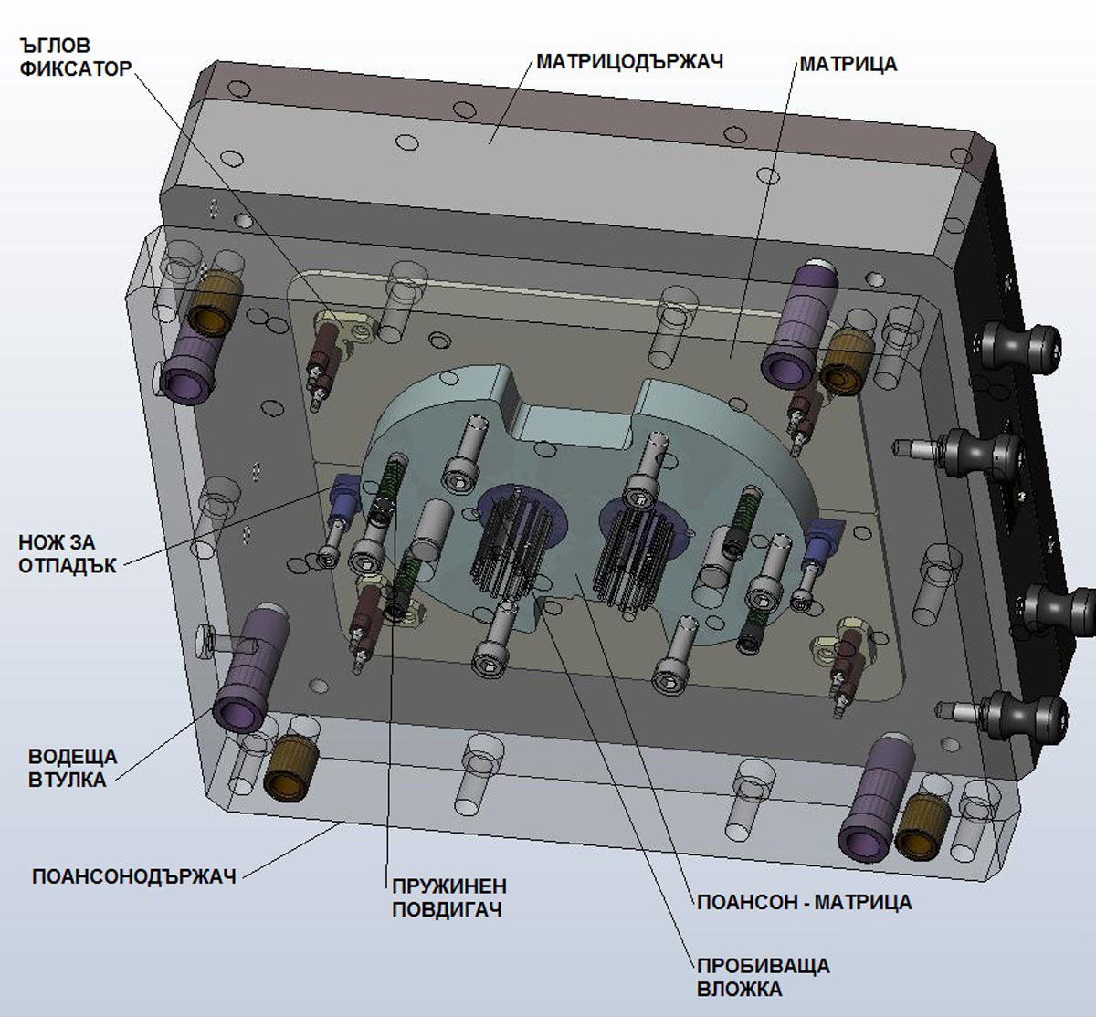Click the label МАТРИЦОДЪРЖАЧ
click(629, 62)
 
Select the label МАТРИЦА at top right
click(848, 64)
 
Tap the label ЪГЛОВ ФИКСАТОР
click(73, 58)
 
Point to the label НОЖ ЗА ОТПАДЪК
click(68, 553)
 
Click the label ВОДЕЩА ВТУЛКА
click(72, 768)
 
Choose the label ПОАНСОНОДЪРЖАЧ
click(134, 876)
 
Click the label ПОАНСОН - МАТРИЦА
click(804, 902)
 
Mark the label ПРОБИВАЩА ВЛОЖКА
click(763, 977)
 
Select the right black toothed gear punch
click(628, 553)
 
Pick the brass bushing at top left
click(213, 304)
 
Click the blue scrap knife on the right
click(821, 538)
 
